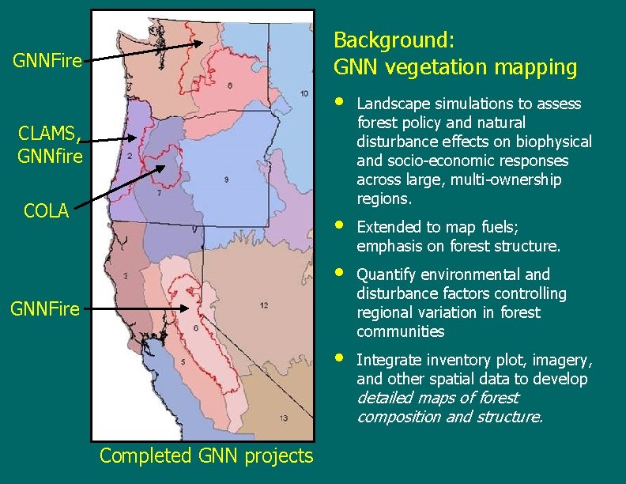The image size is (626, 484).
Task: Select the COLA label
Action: [x=46, y=212]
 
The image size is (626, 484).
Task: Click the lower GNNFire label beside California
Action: [x=45, y=309]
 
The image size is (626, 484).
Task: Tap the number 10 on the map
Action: [x=304, y=94]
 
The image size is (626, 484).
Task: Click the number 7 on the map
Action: [x=159, y=192]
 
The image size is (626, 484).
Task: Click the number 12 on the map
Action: [x=263, y=304]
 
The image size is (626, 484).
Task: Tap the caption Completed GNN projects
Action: [x=206, y=456]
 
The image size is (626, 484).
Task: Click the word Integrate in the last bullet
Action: [x=386, y=360]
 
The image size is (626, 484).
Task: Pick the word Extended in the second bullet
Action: [x=385, y=227]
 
